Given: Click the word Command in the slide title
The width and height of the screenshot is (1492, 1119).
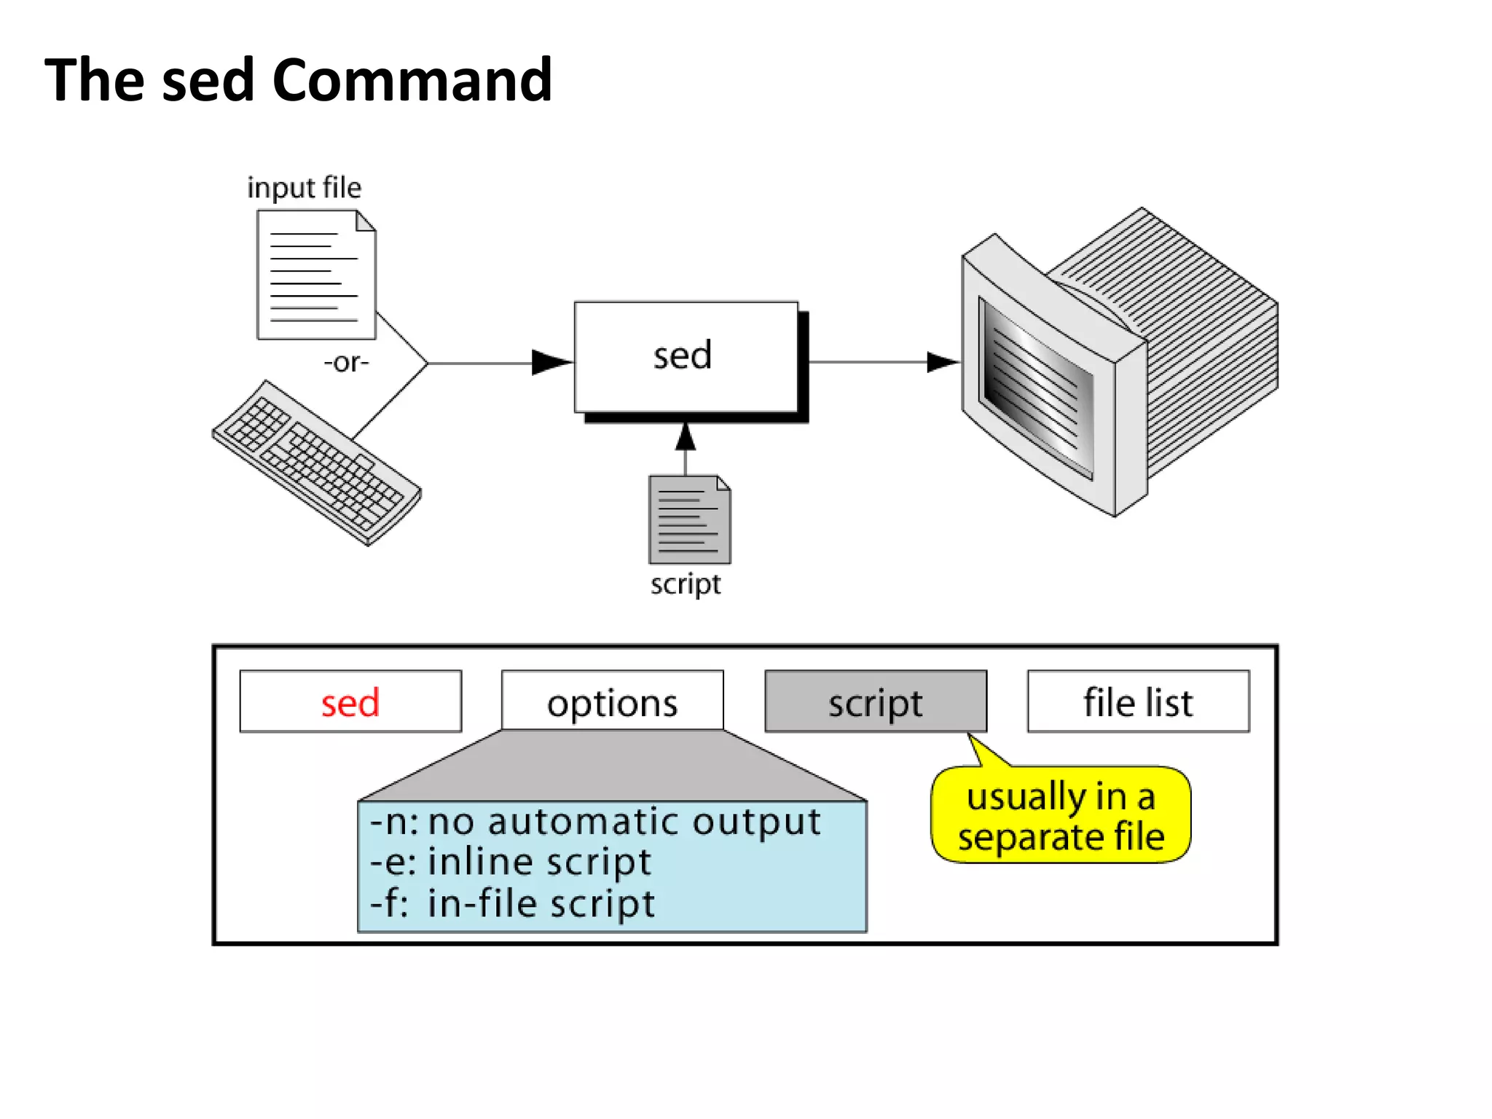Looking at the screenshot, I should pos(412,80).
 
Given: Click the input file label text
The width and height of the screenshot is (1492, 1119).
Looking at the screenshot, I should pos(304,188).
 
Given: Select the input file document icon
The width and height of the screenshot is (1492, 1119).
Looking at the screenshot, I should pos(315,275).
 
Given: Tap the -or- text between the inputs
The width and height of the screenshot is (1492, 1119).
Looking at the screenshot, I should pos(346,362).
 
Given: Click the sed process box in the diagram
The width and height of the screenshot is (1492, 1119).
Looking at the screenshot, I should pos(685,357).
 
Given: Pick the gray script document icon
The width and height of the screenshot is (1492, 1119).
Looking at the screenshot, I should pos(689,519).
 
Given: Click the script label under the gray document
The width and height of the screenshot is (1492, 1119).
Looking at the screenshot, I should pos(685,584).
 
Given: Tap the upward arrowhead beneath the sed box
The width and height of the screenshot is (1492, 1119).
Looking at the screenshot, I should pos(685,437).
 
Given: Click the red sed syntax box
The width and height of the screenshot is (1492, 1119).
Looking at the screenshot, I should pos(350,702).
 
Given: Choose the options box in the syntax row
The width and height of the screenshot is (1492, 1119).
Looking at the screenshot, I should pos(612,702).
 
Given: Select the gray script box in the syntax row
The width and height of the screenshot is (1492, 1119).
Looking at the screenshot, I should pos(875,702).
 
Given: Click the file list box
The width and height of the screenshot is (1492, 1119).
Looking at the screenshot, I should pos(1138,702).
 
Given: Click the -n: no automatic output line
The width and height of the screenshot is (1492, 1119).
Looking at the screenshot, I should pos(594,822).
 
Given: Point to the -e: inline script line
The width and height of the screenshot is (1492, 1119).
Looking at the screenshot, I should pos(510,863).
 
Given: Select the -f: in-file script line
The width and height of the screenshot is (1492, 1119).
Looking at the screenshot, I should pos(512,903).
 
